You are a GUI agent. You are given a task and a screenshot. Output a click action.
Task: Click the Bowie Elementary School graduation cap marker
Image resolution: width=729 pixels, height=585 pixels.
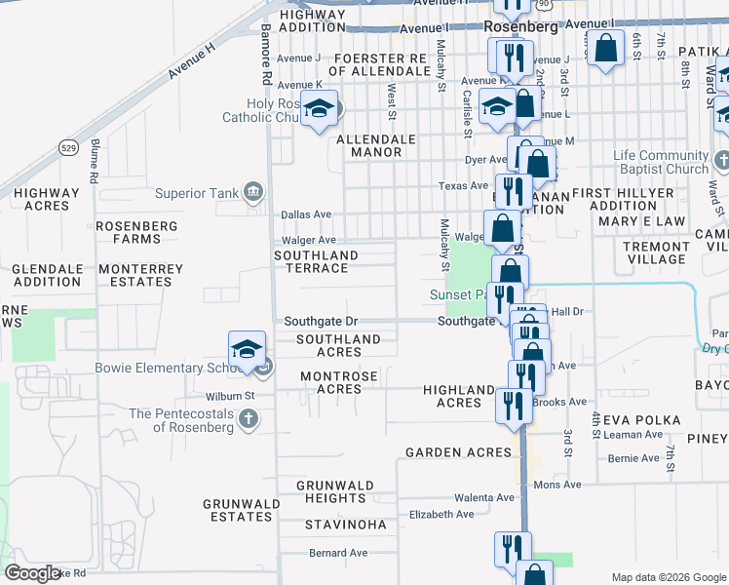click(248, 350)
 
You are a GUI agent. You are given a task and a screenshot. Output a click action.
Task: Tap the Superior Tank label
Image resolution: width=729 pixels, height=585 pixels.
click(194, 191)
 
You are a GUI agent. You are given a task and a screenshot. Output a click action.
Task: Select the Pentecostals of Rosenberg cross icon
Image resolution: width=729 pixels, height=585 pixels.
click(249, 419)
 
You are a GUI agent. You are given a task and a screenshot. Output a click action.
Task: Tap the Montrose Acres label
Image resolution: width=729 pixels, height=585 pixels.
click(331, 382)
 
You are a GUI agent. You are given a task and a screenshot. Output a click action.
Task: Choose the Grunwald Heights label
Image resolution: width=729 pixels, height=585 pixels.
click(331, 491)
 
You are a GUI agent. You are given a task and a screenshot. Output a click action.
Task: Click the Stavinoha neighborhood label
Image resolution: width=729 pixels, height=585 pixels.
click(346, 525)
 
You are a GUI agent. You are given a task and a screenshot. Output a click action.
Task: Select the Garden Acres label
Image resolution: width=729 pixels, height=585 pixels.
click(458, 452)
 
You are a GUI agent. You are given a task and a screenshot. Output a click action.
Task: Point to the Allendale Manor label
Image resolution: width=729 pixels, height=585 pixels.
click(376, 146)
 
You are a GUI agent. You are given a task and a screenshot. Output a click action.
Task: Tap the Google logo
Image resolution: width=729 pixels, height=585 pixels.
click(32, 573)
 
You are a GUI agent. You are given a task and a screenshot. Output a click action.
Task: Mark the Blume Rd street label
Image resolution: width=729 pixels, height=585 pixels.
click(96, 162)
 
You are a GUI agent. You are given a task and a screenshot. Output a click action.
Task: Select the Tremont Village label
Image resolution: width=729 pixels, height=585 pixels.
click(656, 253)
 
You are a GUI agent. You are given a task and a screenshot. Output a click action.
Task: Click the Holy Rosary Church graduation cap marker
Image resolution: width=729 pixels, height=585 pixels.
click(318, 109)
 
